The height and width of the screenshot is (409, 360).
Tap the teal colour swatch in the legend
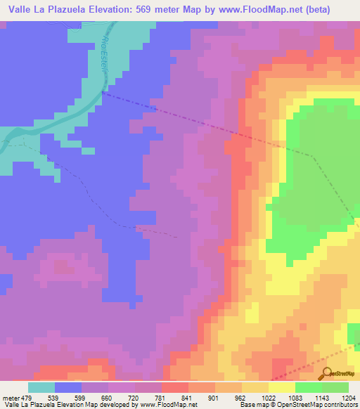click(41, 387)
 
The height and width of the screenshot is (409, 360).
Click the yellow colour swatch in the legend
click(282, 387)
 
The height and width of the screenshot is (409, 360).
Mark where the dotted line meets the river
click(103, 91)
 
